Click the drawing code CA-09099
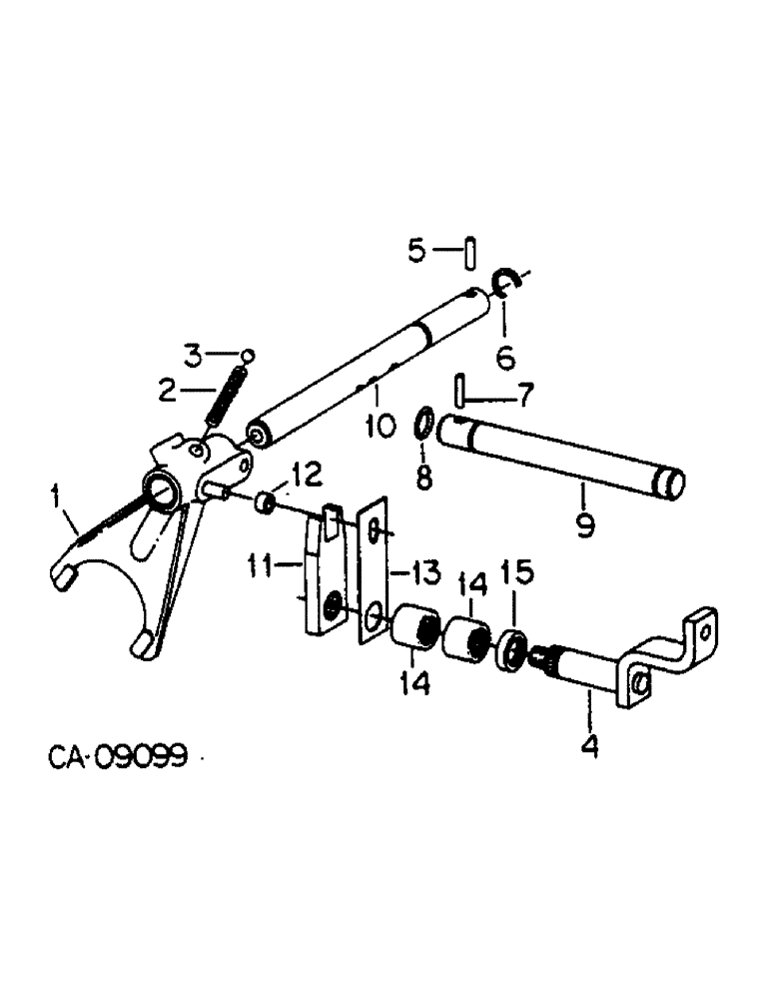(x=118, y=758)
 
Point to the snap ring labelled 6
(x=506, y=286)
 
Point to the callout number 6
(x=506, y=355)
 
